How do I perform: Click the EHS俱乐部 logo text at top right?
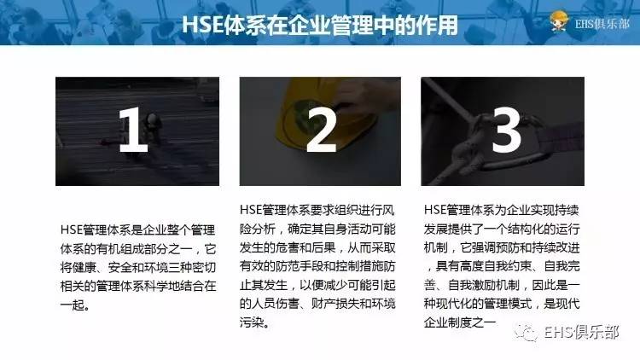pos(596,24)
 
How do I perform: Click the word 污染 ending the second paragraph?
pos(254,323)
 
